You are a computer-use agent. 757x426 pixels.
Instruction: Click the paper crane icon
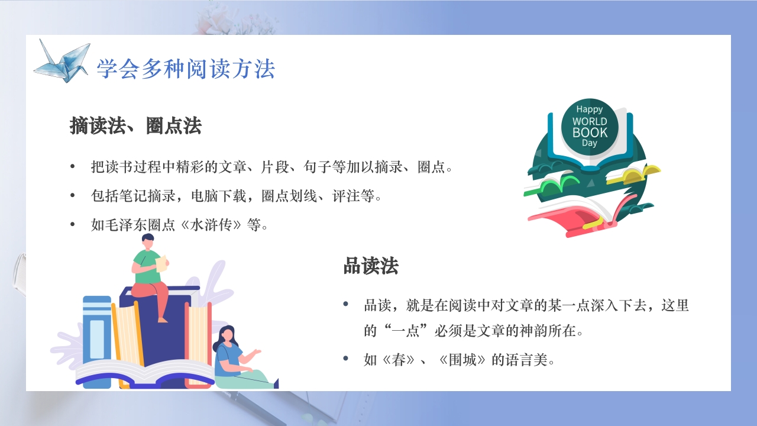pos(62,60)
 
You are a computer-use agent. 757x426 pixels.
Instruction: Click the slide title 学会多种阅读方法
pos(186,69)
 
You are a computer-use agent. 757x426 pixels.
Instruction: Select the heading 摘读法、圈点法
pos(135,126)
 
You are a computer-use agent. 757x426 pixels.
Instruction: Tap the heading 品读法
pos(371,266)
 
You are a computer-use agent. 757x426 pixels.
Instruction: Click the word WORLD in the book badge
pos(589,121)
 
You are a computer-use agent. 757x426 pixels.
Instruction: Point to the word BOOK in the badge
pos(590,132)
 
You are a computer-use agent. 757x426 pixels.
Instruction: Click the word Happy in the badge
pos(589,109)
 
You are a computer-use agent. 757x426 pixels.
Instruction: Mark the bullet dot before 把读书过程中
pos(73,167)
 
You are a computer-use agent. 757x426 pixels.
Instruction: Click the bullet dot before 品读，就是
pos(346,305)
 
